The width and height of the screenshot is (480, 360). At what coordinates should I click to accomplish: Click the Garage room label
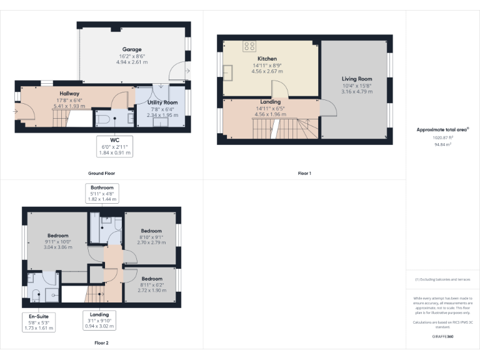point(131,49)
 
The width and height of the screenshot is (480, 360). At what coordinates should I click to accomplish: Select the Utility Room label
point(162,102)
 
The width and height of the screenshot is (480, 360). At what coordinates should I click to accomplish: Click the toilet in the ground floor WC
point(104,117)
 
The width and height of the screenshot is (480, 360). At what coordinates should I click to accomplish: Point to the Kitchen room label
point(267,59)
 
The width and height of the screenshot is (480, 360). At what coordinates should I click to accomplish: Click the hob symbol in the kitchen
point(249,46)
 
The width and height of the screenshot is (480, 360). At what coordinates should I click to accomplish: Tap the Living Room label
point(357,79)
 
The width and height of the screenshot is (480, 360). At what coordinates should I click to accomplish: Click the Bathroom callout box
point(102,193)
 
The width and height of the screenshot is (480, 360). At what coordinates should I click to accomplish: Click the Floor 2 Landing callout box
point(99,320)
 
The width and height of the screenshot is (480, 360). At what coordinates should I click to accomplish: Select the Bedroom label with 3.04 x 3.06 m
point(57,236)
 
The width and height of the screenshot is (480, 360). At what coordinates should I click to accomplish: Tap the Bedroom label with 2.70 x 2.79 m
point(151,230)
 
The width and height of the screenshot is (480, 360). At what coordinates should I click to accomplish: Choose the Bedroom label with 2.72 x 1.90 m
point(151,279)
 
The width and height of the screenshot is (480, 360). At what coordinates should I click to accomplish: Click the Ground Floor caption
point(101,173)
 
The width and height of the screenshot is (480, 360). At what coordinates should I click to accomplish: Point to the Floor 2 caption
point(101,342)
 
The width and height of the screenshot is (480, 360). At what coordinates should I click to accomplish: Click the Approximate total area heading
point(442,130)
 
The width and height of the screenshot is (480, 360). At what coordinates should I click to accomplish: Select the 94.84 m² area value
point(442,144)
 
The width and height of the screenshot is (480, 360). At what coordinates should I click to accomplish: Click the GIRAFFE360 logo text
point(442,337)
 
